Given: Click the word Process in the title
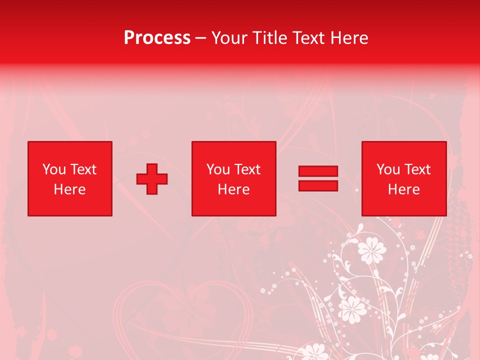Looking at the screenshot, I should (x=157, y=38).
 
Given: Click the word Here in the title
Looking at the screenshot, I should (x=349, y=38).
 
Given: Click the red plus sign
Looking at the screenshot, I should (x=152, y=179).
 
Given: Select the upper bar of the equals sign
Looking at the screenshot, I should (x=318, y=171).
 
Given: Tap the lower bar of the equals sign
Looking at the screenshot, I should (x=318, y=186).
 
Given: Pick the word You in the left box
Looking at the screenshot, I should (x=54, y=169).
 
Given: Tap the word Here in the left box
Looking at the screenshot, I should (x=69, y=189).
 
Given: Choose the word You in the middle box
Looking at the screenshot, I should (x=218, y=169).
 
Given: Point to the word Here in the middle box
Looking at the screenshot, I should (x=233, y=189).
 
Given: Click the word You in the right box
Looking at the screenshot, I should (x=388, y=169).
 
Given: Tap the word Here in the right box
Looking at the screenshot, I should (x=403, y=189).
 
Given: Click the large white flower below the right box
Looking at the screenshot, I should (x=372, y=249).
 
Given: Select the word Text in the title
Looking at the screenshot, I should (x=307, y=38).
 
